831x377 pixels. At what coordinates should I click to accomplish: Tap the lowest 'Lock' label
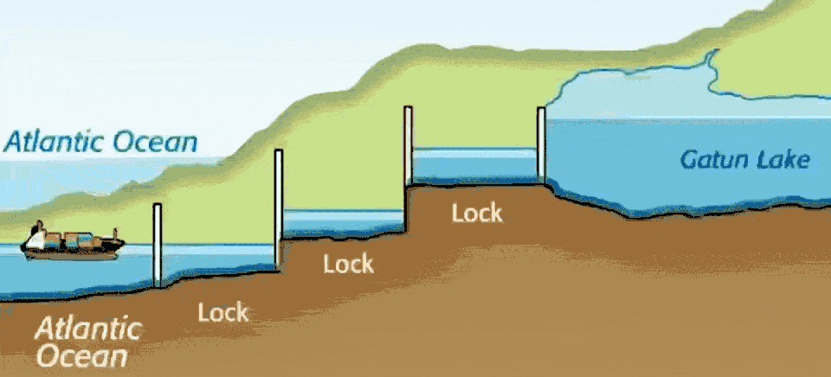tap(223, 312)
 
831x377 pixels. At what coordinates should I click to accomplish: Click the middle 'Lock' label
tap(348, 264)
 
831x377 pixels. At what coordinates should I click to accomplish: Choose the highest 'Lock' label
tap(476, 213)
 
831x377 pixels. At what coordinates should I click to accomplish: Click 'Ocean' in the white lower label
tap(82, 355)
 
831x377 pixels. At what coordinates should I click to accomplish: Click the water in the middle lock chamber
tap(344, 221)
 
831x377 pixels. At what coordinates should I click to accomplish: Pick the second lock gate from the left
tap(279, 208)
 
